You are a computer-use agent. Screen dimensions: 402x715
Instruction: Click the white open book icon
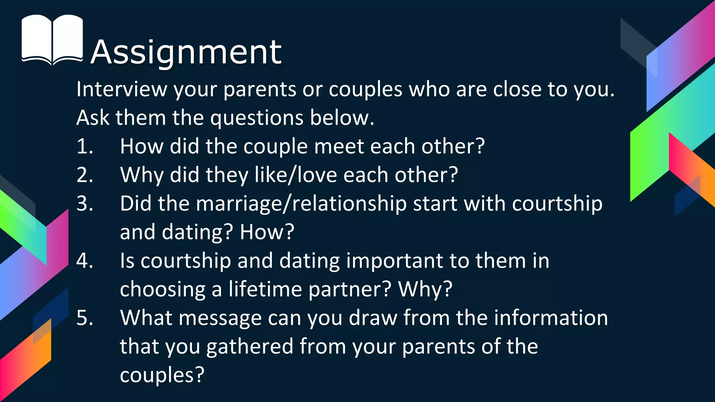click(x=52, y=39)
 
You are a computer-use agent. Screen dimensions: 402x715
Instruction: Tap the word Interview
click(x=122, y=89)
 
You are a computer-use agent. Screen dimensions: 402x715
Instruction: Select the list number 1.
click(x=85, y=146)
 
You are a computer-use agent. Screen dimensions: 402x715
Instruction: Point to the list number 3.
click(x=85, y=203)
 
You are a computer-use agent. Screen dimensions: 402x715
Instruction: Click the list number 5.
click(x=85, y=318)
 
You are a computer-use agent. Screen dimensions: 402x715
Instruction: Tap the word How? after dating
click(x=267, y=232)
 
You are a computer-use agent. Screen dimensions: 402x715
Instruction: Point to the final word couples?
click(x=162, y=375)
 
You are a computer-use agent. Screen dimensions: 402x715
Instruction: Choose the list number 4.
click(x=85, y=261)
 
